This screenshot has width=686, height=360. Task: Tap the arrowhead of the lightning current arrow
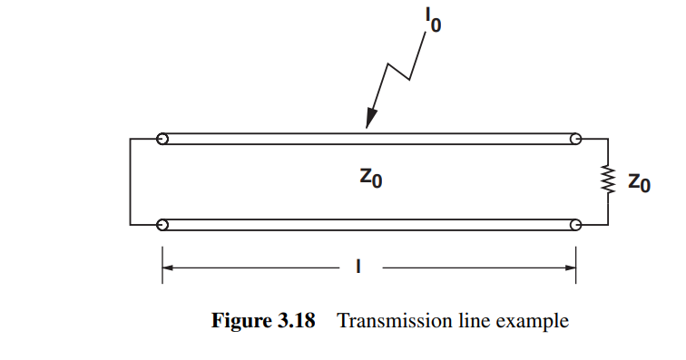pos(369,122)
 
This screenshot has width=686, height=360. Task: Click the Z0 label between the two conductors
pos(369,179)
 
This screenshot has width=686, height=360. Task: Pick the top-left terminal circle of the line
pos(162,140)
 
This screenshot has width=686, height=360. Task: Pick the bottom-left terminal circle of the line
pos(162,224)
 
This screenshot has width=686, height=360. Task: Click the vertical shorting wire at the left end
pos(131,181)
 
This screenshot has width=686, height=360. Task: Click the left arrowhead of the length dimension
pos(169,268)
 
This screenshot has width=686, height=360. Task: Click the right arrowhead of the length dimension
pos(570,268)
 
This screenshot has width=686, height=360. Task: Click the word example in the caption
pos(538,321)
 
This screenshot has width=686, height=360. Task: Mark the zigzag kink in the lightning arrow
pos(399,73)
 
